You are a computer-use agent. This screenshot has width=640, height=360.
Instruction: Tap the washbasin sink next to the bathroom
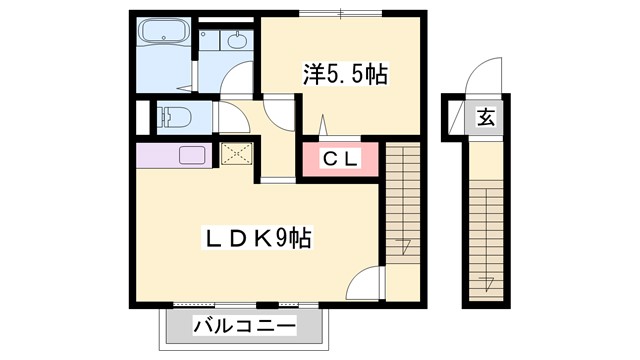pyautogui.click(x=237, y=40)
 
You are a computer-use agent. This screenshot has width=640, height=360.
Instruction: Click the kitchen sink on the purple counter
pyautogui.click(x=191, y=154)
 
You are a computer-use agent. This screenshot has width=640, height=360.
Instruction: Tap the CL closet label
pyautogui.click(x=339, y=158)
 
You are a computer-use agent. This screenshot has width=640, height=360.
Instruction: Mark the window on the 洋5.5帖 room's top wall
pyautogui.click(x=340, y=13)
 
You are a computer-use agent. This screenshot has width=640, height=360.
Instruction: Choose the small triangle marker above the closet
pyautogui.click(x=323, y=128)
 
